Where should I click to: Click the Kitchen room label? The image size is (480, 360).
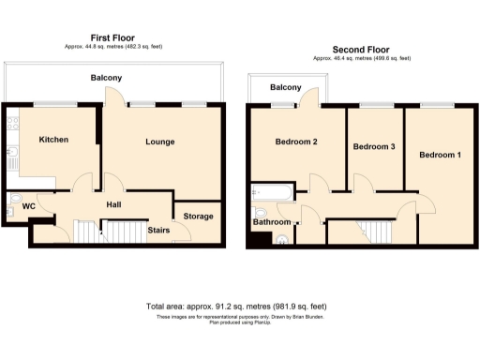pyautogui.click(x=53, y=140)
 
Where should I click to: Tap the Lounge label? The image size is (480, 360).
pyautogui.click(x=160, y=142)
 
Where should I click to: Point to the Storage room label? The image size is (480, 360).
pyautogui.click(x=198, y=217)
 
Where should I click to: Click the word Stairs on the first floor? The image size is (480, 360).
pyautogui.click(x=158, y=228)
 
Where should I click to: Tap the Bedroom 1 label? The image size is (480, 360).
pyautogui.click(x=440, y=154)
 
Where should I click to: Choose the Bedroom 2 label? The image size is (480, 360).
pyautogui.click(x=296, y=142)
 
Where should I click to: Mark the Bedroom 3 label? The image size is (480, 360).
pyautogui.click(x=373, y=147)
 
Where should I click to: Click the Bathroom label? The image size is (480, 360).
pyautogui.click(x=271, y=222)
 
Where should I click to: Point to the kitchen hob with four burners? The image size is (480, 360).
pyautogui.click(x=11, y=124)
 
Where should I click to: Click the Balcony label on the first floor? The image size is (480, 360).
pyautogui.click(x=105, y=77)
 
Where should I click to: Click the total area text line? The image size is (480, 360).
pyautogui.click(x=236, y=307)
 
